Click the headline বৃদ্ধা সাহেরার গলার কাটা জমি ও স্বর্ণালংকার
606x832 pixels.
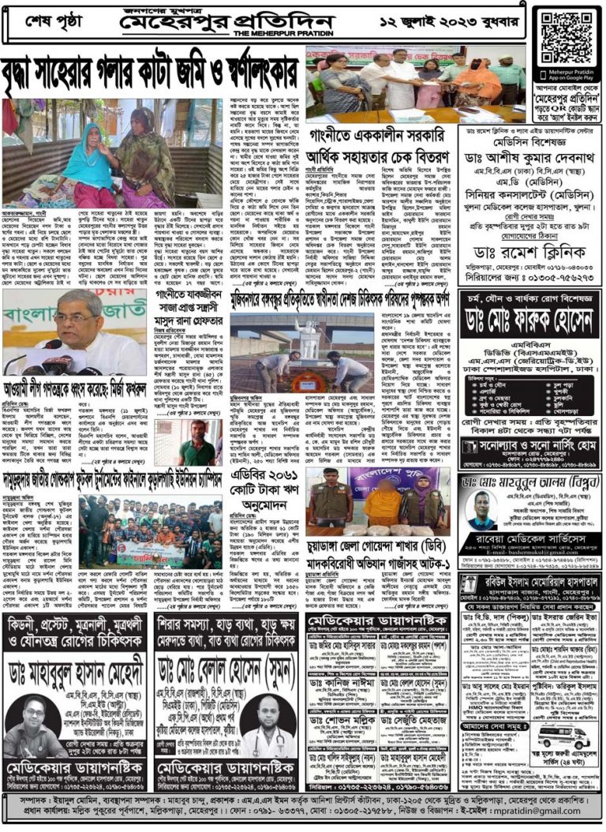[152, 73]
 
